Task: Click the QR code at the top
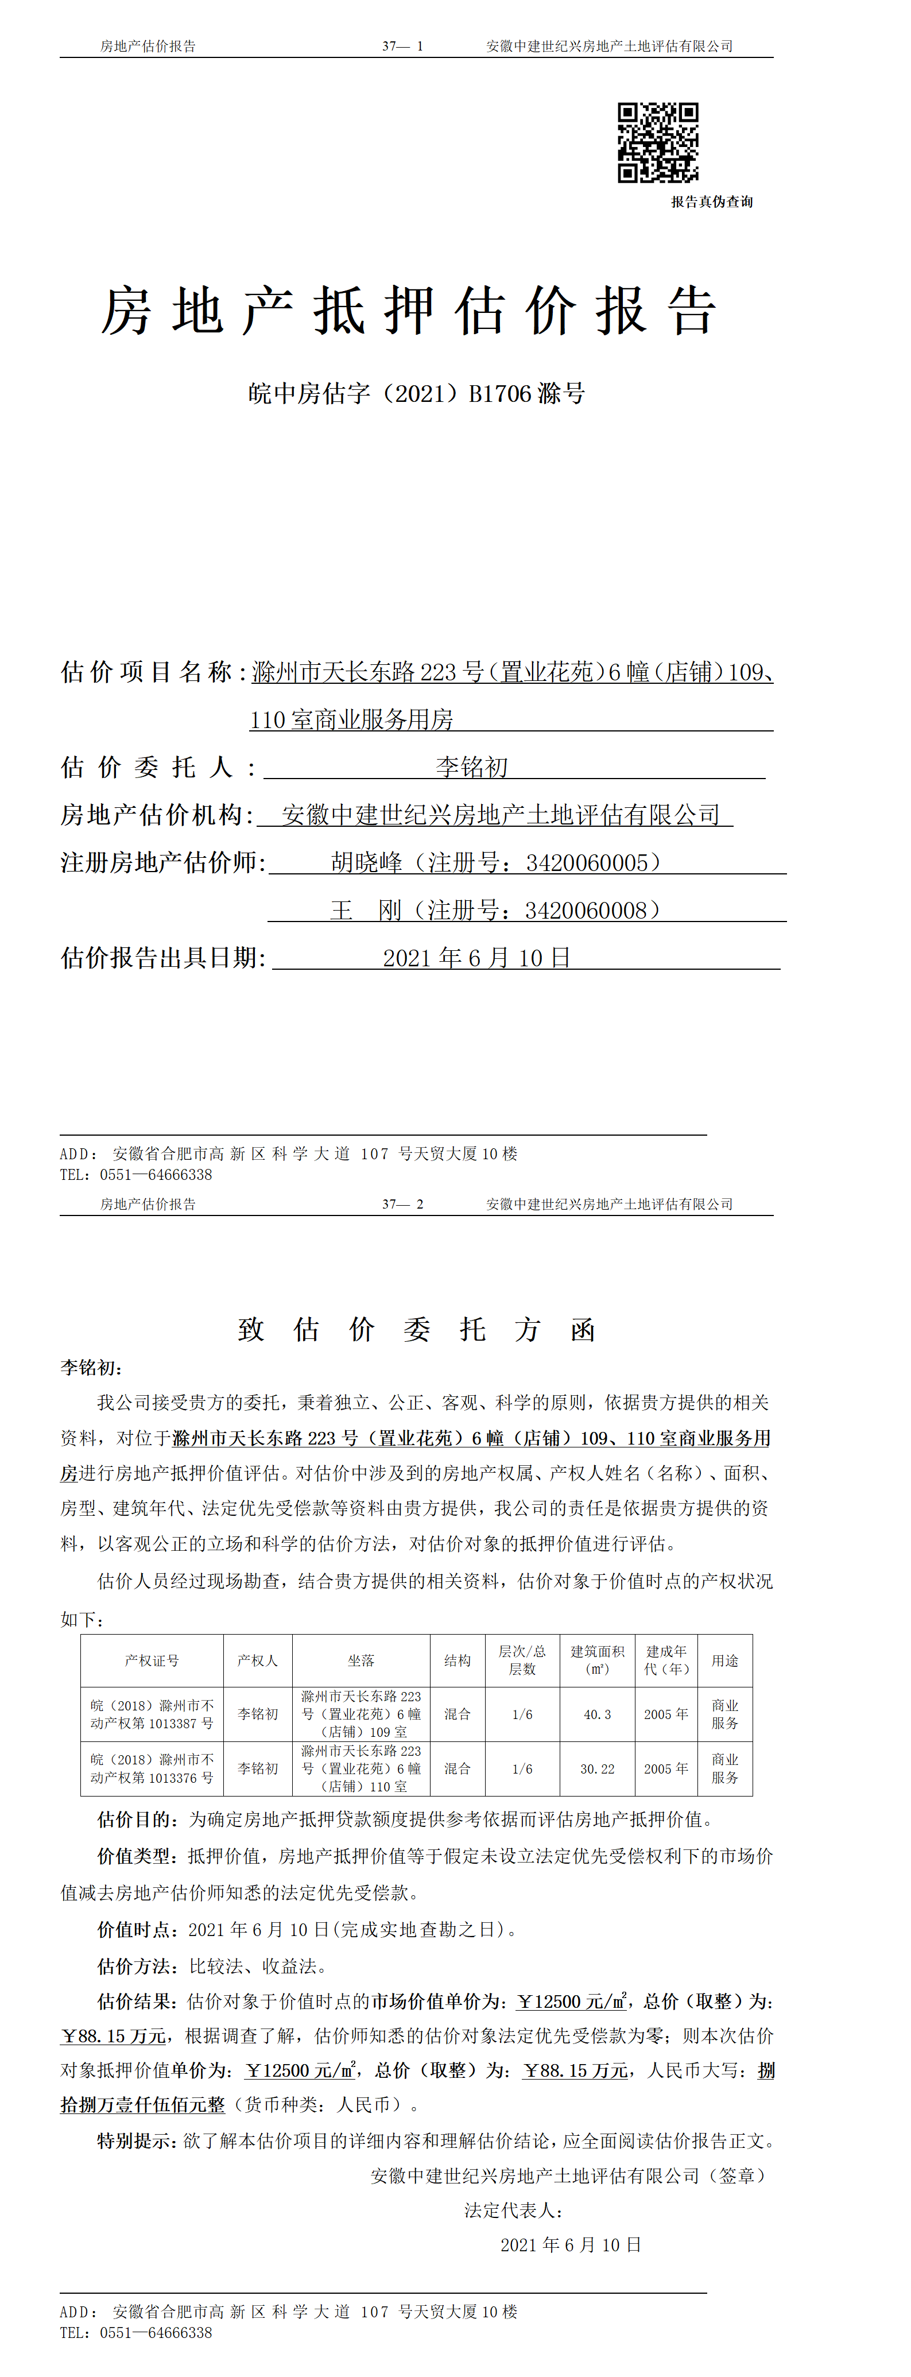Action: point(657,142)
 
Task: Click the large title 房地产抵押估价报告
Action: point(408,311)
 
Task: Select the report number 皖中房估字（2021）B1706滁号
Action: point(416,394)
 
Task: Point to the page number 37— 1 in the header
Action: point(402,46)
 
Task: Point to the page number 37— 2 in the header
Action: point(402,1204)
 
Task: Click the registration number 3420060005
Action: point(587,863)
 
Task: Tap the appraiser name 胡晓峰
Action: point(366,863)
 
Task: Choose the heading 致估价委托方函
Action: point(416,1330)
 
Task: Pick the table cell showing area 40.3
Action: point(597,1713)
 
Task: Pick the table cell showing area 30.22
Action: point(597,1768)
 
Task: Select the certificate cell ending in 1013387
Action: point(152,1713)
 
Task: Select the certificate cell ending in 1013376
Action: point(152,1768)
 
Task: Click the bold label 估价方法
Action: point(135,1966)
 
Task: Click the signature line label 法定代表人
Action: point(512,2210)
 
